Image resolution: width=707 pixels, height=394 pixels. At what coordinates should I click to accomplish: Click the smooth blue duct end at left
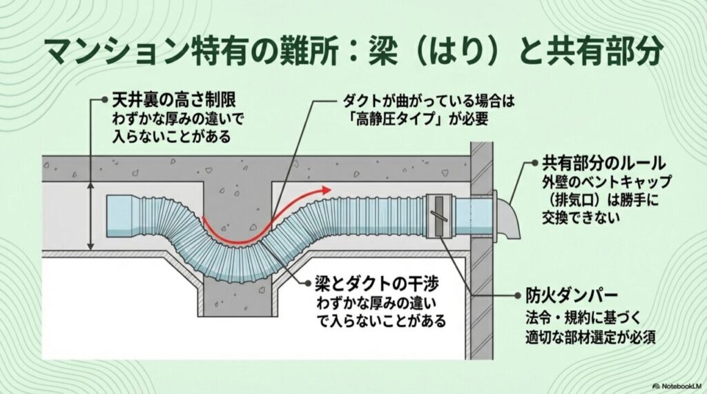point(122,214)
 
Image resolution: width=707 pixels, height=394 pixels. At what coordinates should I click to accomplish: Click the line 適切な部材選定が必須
point(590,337)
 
